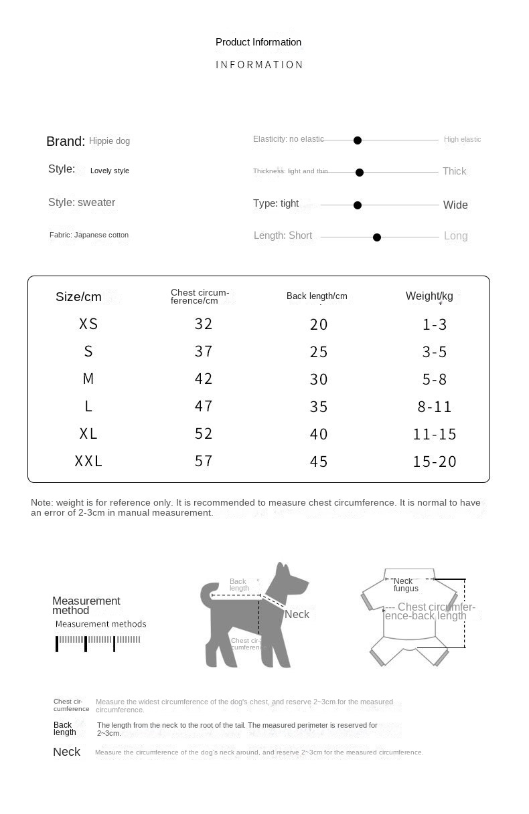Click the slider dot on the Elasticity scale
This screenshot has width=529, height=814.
tap(358, 140)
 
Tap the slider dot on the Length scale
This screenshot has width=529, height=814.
tap(377, 237)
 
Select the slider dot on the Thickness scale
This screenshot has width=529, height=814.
tap(360, 173)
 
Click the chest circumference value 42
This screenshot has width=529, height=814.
tap(204, 379)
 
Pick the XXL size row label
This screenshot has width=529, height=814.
tap(88, 461)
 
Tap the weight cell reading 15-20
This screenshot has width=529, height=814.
tap(435, 462)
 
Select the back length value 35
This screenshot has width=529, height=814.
tap(319, 407)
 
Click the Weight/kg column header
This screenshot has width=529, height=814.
tap(429, 296)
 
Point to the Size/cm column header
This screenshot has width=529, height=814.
tap(78, 297)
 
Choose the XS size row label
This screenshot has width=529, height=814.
tap(88, 324)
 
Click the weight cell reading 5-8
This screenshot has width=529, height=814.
tap(435, 379)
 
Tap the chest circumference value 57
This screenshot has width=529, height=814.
tap(204, 461)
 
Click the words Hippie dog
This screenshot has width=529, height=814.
tap(110, 141)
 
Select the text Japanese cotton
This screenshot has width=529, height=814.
tap(101, 235)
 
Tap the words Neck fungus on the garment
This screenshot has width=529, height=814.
tap(405, 585)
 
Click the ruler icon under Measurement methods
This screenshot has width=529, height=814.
tap(98, 642)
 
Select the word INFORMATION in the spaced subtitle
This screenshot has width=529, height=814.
tap(259, 65)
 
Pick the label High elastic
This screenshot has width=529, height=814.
tap(462, 139)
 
